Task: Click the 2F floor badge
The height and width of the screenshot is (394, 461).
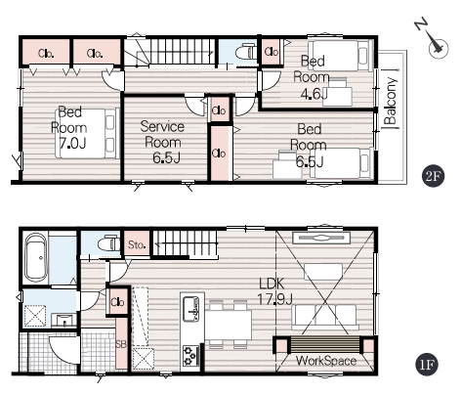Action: [x=433, y=176]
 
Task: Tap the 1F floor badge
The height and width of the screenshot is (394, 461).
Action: [x=427, y=365]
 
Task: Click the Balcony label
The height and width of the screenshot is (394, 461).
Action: [x=391, y=101]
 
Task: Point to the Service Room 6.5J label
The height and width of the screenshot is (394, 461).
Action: [x=163, y=142]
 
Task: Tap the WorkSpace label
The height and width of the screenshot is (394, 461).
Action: [x=326, y=361]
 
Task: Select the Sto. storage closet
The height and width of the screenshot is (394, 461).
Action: [x=137, y=243]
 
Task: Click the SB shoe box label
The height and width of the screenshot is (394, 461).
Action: [x=121, y=344]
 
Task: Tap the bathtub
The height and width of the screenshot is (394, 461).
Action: [x=36, y=257]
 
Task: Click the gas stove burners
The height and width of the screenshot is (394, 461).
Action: [x=190, y=355]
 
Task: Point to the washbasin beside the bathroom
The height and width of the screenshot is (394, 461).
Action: [x=64, y=320]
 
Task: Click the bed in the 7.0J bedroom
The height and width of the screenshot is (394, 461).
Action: [x=87, y=134]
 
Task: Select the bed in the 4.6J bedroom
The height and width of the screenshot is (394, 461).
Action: [x=341, y=56]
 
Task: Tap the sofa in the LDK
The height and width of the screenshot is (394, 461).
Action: [x=325, y=317]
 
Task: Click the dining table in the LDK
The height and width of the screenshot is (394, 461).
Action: [x=229, y=325]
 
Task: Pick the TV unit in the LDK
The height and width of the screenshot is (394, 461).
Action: [x=321, y=238]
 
